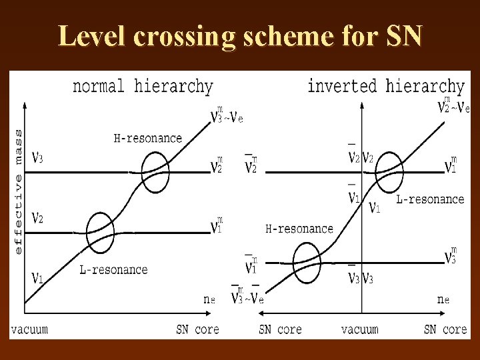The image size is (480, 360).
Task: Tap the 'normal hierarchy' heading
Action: coord(142,87)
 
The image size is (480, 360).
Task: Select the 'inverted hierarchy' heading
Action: coord(385,86)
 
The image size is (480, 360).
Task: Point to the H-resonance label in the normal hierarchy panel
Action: coord(147,139)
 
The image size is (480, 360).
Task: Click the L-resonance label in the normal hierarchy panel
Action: coord(113,270)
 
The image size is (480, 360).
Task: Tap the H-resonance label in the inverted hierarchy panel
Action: coord(299,229)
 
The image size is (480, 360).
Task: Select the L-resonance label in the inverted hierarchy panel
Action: coord(430,199)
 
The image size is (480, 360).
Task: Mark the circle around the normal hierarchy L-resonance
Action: coord(101,233)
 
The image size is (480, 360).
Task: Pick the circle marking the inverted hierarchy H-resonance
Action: coord(307,263)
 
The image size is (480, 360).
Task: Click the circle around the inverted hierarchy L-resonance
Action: coord(389,172)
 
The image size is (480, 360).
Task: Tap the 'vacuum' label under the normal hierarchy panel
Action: coord(29,329)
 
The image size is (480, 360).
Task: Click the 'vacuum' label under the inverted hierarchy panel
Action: coord(359,329)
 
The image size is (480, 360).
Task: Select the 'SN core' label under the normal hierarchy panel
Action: coord(197,329)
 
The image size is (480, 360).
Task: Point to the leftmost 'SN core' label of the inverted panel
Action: coord(280,329)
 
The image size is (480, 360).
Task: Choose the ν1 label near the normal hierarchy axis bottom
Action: coord(38,277)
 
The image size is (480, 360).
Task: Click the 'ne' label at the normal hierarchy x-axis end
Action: coord(209,299)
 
